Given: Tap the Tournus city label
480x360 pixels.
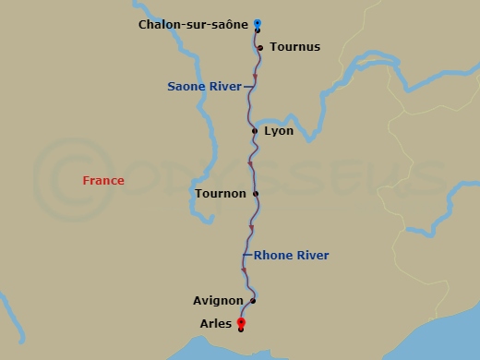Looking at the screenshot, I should pyautogui.click(x=295, y=47).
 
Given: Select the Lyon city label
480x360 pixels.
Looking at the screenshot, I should pyautogui.click(x=279, y=131).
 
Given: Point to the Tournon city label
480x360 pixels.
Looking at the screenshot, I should pyautogui.click(x=221, y=194).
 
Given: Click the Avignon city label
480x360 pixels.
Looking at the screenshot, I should pyautogui.click(x=218, y=301).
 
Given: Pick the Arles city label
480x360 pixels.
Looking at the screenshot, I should pyautogui.click(x=216, y=323).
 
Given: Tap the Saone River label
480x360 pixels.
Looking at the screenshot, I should pyautogui.click(x=204, y=87).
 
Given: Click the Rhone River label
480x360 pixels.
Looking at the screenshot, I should pyautogui.click(x=291, y=256).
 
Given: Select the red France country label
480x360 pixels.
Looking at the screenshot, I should pyautogui.click(x=103, y=181).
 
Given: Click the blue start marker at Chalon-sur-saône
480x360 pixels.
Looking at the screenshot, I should pyautogui.click(x=258, y=24).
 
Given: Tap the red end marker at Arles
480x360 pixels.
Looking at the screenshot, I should pyautogui.click(x=241, y=322).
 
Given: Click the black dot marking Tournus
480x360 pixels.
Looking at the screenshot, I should pyautogui.click(x=261, y=48).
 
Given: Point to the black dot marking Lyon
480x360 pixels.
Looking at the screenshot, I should pyautogui.click(x=255, y=131).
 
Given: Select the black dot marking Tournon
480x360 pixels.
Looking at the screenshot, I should pyautogui.click(x=256, y=194).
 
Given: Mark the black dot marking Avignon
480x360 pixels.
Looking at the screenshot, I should pyautogui.click(x=252, y=301).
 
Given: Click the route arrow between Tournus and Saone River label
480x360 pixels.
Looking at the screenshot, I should pyautogui.click(x=255, y=77).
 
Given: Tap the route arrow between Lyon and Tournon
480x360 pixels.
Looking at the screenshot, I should pyautogui.click(x=250, y=164).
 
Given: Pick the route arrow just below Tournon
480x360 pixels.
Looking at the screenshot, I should pyautogui.click(x=251, y=227).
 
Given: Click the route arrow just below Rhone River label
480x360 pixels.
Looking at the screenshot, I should pyautogui.click(x=244, y=270).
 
